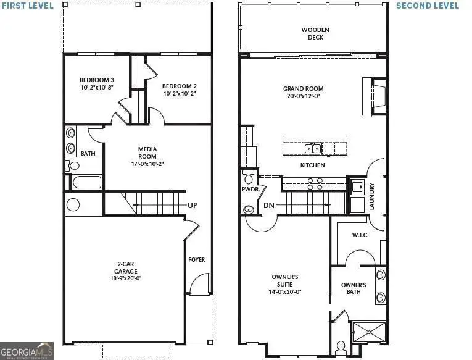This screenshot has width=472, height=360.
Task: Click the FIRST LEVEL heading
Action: tap(28, 6)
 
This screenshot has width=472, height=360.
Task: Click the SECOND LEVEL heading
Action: tap(427, 6)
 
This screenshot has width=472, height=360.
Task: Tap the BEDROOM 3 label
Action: tap(96, 80)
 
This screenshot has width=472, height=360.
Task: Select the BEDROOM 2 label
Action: tap(180, 86)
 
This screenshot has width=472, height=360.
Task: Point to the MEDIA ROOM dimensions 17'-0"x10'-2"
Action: tap(147, 164)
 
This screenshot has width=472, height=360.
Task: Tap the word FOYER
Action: tap(197, 260)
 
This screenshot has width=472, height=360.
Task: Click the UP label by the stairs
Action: tap(193, 205)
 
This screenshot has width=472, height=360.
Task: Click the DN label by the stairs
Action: tap(268, 205)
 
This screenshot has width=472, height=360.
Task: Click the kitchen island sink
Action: tap(312, 148)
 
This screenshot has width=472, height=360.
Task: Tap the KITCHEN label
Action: tap(312, 165)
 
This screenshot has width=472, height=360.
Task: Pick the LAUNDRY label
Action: tap(372, 196)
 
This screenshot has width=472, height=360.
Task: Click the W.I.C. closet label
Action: tap(360, 235)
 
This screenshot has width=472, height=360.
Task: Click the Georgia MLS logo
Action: tap(27, 350)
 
